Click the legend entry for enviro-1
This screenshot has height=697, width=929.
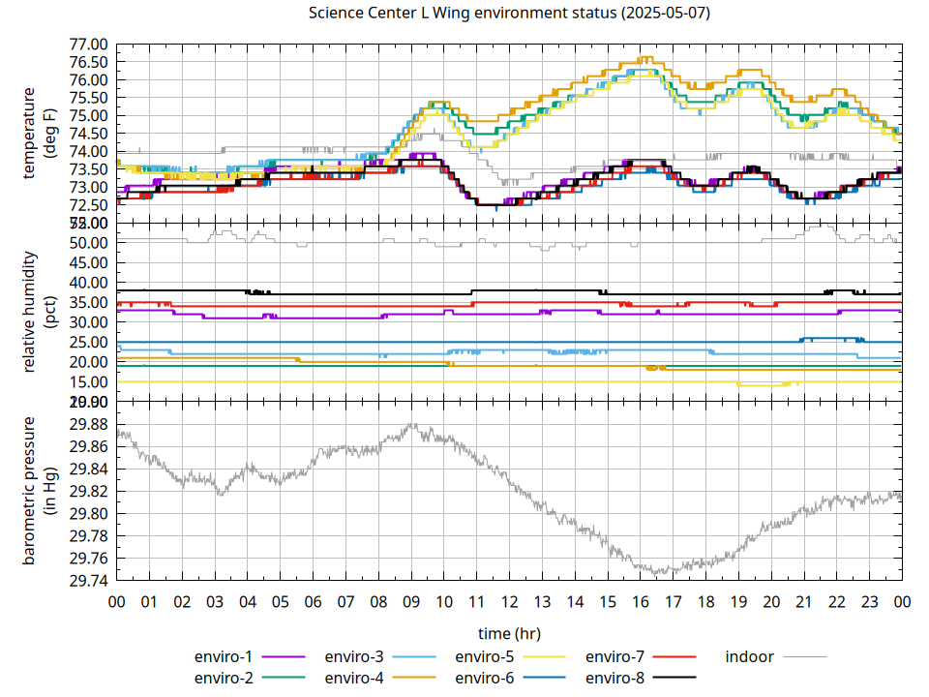pos(224,657)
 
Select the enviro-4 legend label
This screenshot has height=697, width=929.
pos(354,678)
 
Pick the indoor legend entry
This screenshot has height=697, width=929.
pos(750,657)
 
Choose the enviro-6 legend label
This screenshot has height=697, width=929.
pos(485,678)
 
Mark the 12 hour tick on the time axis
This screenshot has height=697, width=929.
pos(509,601)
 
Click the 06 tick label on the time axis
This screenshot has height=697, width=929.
pos(313,601)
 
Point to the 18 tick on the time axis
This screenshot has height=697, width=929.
pos(705,601)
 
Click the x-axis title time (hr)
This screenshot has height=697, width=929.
pos(509,633)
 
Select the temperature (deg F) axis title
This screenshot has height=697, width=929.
pos(38,133)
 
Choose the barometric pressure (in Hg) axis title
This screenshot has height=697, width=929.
pos(38,491)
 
